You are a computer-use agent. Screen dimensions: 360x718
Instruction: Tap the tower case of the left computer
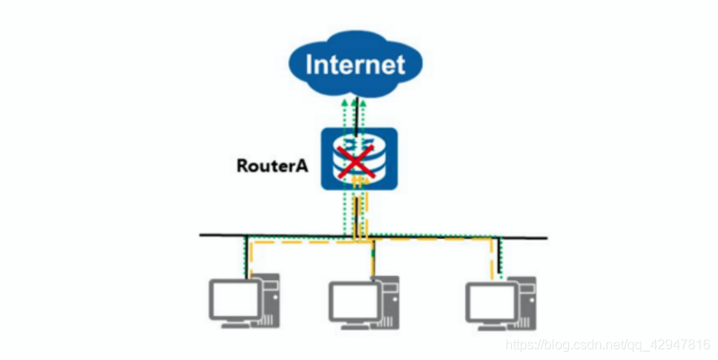click(x=271, y=304)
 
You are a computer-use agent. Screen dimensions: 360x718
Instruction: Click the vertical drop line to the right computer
click(x=498, y=257)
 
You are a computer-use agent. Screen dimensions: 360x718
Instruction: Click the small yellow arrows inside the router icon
click(x=359, y=179)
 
